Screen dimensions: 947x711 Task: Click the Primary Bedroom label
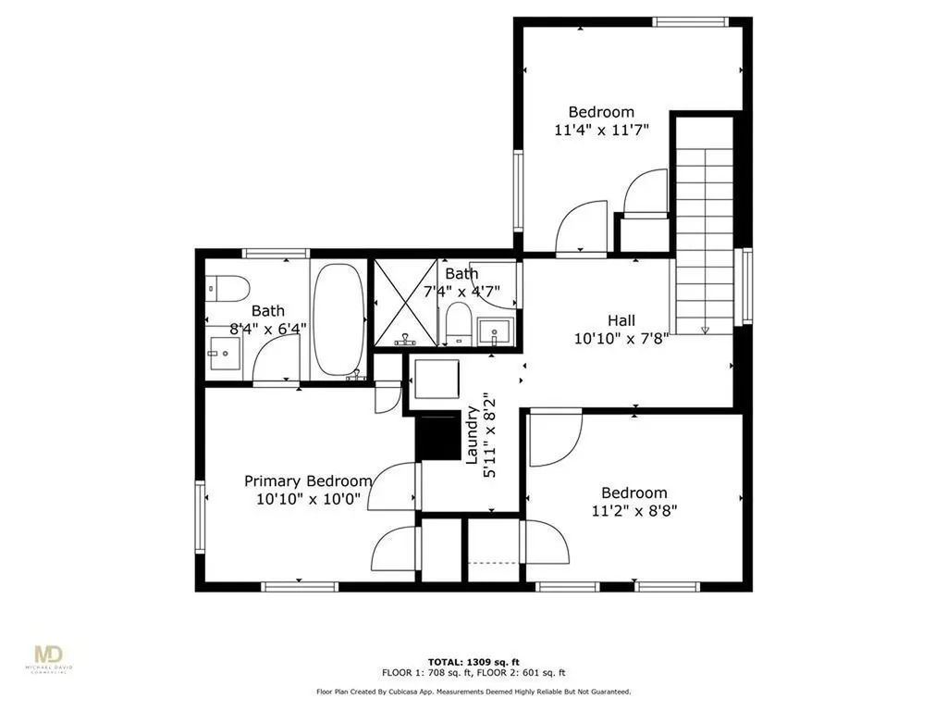pyautogui.click(x=308, y=481)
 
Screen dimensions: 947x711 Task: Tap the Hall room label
pyautogui.click(x=621, y=320)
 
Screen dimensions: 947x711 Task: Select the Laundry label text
pyautogui.click(x=473, y=435)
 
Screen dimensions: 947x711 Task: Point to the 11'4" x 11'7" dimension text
pyautogui.click(x=601, y=130)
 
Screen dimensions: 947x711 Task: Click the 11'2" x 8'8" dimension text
pyautogui.click(x=634, y=511)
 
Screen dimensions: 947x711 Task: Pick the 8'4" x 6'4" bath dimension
pyautogui.click(x=268, y=330)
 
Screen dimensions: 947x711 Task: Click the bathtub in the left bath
pyautogui.click(x=338, y=320)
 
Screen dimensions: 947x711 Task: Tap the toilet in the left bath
pyautogui.click(x=228, y=289)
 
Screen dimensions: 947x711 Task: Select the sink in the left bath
pyautogui.click(x=224, y=353)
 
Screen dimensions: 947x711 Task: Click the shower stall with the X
pyautogui.click(x=405, y=303)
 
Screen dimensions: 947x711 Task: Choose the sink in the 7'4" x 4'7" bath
pyautogui.click(x=494, y=332)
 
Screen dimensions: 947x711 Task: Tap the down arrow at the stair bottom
pyautogui.click(x=704, y=330)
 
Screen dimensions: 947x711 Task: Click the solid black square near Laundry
pyautogui.click(x=438, y=437)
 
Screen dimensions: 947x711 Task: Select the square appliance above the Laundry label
pyautogui.click(x=437, y=379)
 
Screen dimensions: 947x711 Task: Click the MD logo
pyautogui.click(x=49, y=656)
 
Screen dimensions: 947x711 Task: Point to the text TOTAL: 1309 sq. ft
pyautogui.click(x=473, y=662)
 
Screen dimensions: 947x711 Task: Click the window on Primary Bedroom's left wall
pyautogui.click(x=200, y=516)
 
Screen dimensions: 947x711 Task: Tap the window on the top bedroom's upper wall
pyautogui.click(x=690, y=22)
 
